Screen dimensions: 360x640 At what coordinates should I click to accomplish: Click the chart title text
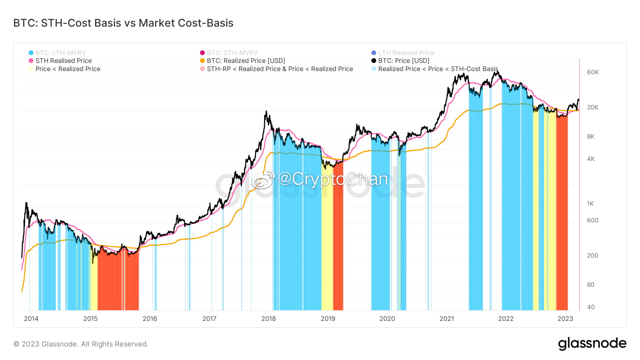click(x=123, y=23)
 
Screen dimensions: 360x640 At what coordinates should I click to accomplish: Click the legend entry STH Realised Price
click(x=63, y=61)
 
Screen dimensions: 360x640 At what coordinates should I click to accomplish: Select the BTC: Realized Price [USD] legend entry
click(x=246, y=61)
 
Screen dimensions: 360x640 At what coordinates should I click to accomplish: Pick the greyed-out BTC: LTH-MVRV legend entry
click(x=60, y=53)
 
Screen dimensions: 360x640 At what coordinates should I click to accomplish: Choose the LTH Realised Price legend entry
click(x=406, y=53)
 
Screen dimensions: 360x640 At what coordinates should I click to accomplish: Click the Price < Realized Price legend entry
click(x=68, y=69)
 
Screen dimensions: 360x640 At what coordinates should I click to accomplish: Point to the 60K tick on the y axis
click(x=592, y=72)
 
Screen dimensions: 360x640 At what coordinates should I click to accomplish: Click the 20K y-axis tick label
click(x=592, y=107)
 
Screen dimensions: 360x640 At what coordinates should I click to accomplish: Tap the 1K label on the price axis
click(x=590, y=204)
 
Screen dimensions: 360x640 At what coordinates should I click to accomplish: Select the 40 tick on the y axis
click(x=591, y=307)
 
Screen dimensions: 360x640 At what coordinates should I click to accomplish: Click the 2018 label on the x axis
click(x=268, y=319)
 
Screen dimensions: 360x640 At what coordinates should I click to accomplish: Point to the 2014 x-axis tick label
click(x=31, y=319)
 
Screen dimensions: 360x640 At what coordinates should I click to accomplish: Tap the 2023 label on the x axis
click(x=565, y=319)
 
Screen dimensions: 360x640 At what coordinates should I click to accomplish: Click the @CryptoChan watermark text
click(x=332, y=179)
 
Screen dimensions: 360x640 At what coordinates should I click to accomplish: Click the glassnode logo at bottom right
click(x=592, y=344)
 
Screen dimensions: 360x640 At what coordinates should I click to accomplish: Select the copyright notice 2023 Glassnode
click(x=81, y=344)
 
